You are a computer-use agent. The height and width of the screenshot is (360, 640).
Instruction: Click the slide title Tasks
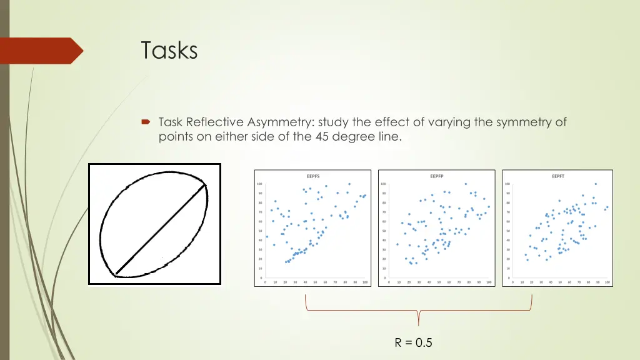pyautogui.click(x=169, y=50)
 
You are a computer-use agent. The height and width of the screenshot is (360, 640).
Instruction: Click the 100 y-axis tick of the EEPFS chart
pyautogui.click(x=259, y=184)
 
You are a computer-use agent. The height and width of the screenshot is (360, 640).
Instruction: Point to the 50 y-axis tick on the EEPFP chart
pyautogui.click(x=383, y=231)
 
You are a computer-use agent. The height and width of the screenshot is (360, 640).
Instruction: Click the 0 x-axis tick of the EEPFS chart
pyautogui.click(x=266, y=282)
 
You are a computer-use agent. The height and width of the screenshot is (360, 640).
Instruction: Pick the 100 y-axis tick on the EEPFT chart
pyautogui.click(x=507, y=184)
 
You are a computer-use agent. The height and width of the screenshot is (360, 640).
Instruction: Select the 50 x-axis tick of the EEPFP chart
pyautogui.click(x=439, y=282)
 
